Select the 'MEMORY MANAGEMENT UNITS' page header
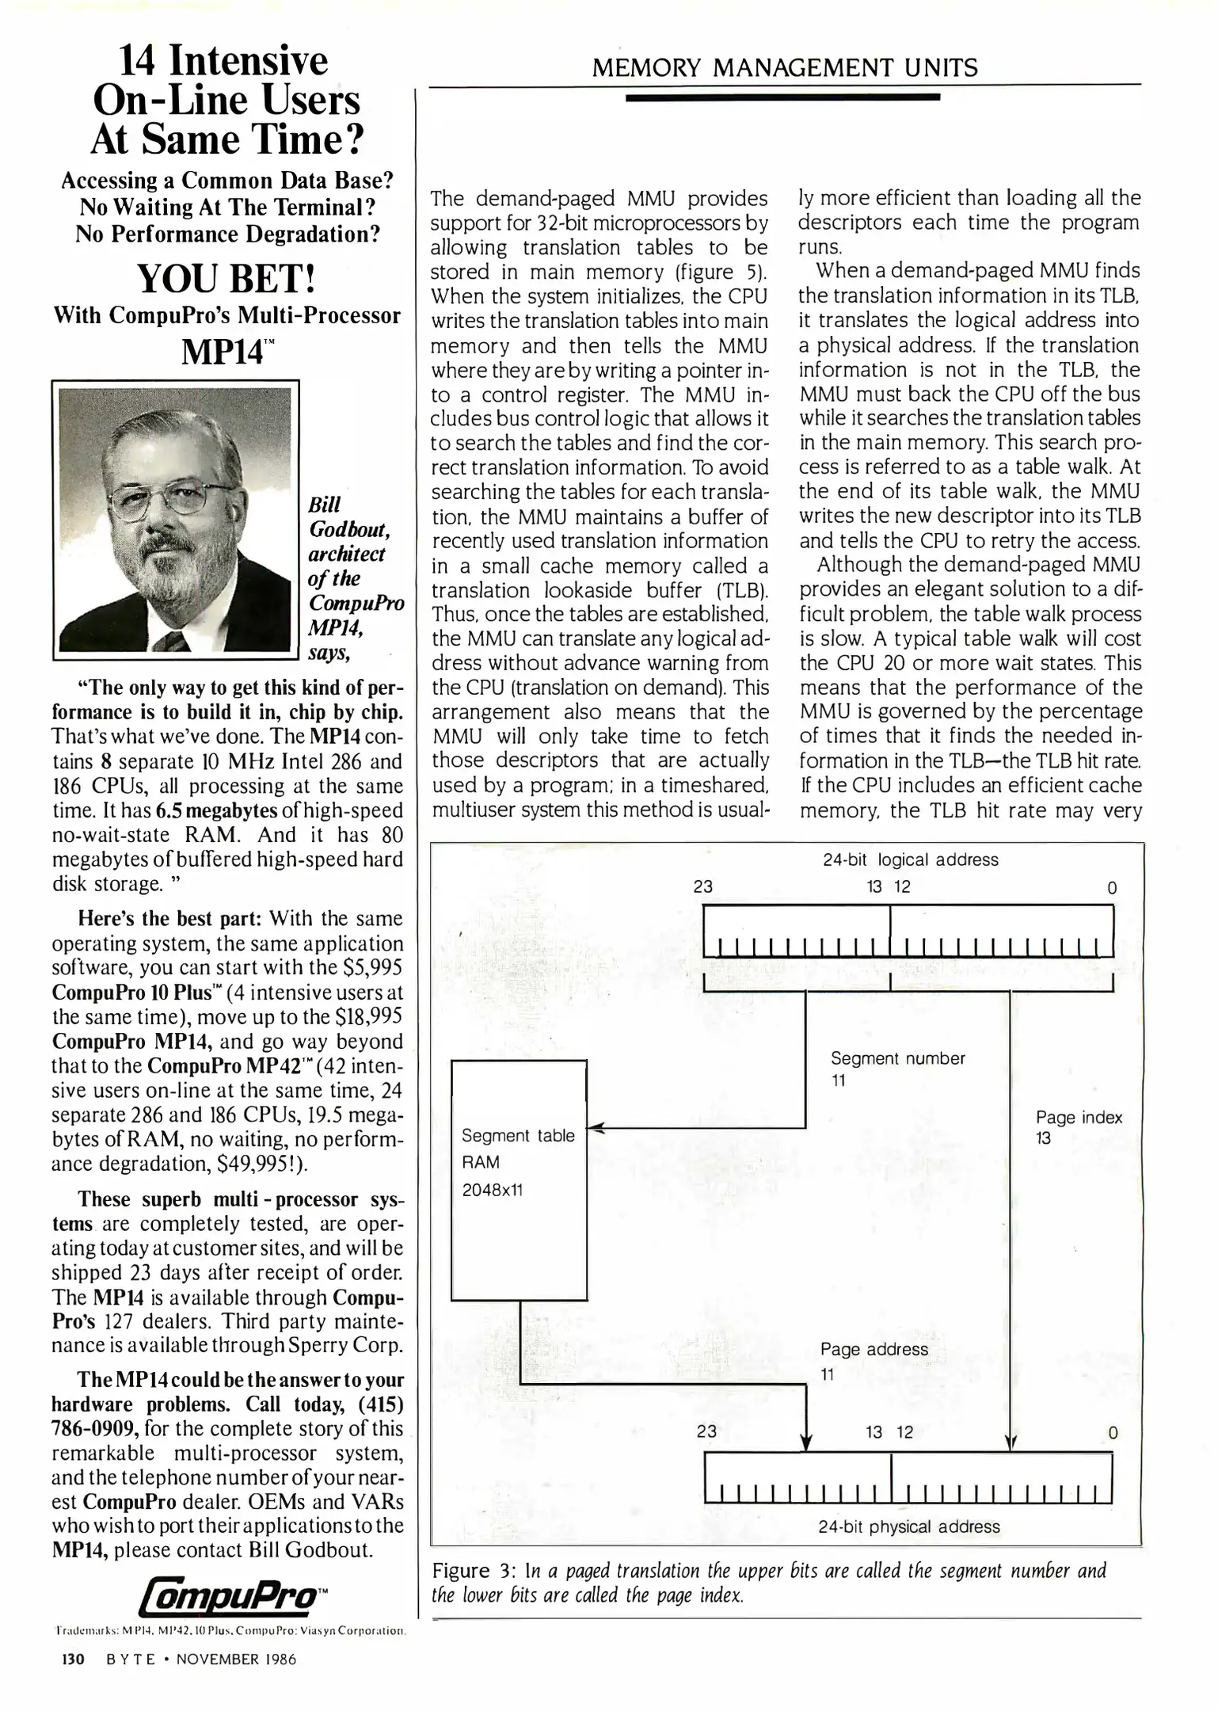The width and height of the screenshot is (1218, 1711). point(784,68)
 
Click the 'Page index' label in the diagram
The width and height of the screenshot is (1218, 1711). point(1079,1118)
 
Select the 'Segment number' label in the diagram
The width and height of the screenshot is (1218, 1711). point(897,1058)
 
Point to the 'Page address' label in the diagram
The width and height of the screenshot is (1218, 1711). point(874,1349)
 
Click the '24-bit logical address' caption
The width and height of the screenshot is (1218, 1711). point(910,859)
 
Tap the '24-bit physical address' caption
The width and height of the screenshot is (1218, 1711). point(908,1526)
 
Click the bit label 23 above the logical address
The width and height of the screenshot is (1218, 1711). point(702,887)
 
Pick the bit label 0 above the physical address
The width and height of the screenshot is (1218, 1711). point(1113,1432)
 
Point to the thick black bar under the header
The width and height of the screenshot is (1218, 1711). point(782,97)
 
